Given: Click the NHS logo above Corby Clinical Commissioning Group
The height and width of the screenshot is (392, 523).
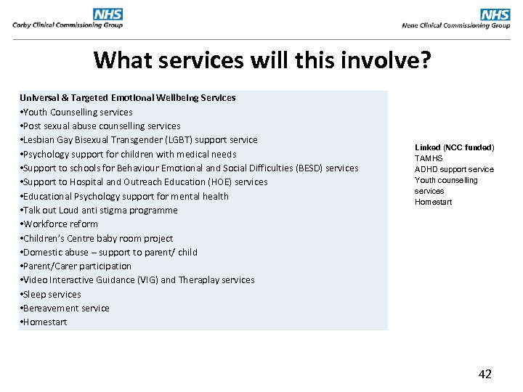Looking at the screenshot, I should point(108,14).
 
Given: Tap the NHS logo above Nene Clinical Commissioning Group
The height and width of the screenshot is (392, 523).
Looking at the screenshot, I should point(495,15).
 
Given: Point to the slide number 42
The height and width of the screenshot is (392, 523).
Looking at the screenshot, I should point(485,374).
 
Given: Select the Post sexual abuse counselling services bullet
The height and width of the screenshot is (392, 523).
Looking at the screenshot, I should point(101,126).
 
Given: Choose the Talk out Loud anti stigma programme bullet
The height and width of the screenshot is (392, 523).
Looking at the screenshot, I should point(100,210).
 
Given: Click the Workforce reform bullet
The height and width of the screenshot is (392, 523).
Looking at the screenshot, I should point(60,224).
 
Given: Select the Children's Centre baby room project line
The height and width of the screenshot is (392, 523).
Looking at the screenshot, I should point(97,238).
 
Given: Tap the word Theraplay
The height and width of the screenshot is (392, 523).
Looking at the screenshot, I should point(195,279).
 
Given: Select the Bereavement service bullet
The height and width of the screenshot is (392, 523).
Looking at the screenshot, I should point(65,308).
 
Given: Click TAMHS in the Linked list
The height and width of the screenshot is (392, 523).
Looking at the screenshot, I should point(429,158).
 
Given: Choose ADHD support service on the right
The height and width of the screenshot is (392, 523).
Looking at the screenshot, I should point(454,169).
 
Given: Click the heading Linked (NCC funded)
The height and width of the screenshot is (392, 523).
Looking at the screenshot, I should point(454,147).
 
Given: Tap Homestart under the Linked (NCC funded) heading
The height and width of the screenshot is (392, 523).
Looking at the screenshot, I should point(433,202).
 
